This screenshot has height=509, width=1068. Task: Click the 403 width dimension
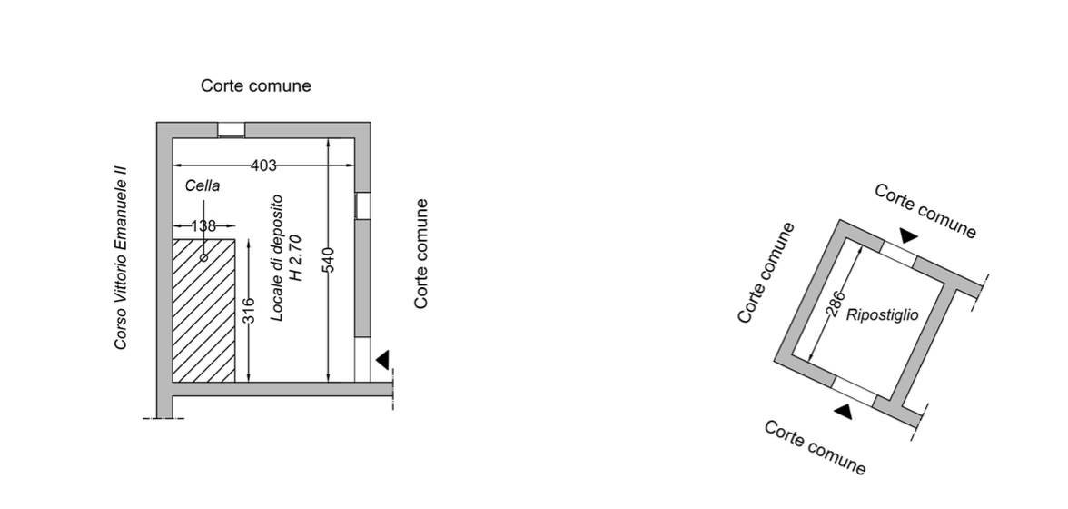263,165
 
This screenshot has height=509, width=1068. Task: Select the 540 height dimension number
329,260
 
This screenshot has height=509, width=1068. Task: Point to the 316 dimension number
249,309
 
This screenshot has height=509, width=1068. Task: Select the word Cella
203,186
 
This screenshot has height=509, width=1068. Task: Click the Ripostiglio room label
882,315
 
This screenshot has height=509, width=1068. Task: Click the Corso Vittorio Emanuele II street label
121,257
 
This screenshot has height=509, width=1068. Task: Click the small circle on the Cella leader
203,258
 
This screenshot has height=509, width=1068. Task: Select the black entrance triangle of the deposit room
383,360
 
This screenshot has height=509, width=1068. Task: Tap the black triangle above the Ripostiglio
908,236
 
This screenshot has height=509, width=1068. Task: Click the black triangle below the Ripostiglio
845,413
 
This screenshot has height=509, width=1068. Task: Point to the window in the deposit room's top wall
231,130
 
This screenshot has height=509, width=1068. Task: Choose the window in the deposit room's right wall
362,205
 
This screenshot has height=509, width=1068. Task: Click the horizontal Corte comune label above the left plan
256,85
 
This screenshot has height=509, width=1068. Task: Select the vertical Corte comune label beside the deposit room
421,254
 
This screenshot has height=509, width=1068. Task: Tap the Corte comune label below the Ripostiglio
815,447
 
